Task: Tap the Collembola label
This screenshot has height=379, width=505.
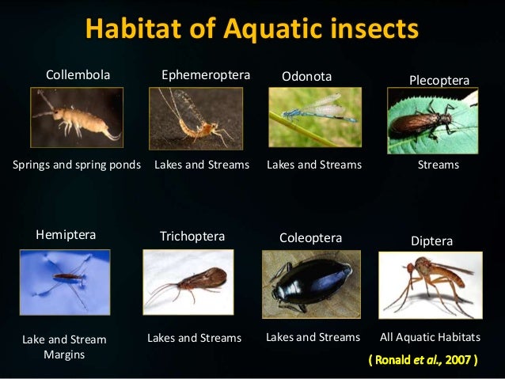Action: click(x=78, y=75)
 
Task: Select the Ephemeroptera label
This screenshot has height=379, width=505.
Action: click(x=206, y=75)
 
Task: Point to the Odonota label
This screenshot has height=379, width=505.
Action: click(x=307, y=76)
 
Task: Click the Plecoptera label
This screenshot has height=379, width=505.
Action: click(x=439, y=81)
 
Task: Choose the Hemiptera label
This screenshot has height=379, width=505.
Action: click(x=66, y=234)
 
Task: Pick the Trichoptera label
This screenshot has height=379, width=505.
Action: click(x=192, y=236)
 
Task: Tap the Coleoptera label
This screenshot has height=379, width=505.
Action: click(x=311, y=237)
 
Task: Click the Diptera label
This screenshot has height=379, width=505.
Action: click(x=432, y=241)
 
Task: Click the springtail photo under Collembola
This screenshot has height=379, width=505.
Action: click(x=77, y=118)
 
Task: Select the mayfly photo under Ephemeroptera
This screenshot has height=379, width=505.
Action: click(x=196, y=118)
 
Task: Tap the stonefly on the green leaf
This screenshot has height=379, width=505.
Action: click(x=432, y=120)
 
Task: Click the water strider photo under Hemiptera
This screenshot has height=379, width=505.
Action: click(x=65, y=282)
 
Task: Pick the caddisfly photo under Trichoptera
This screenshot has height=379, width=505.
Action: click(x=188, y=282)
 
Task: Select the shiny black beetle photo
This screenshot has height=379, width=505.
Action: click(x=311, y=284)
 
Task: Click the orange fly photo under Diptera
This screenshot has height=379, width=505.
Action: click(x=430, y=284)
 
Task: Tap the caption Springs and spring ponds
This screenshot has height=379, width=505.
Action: click(x=77, y=165)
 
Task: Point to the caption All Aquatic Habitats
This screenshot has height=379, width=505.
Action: click(x=430, y=337)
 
